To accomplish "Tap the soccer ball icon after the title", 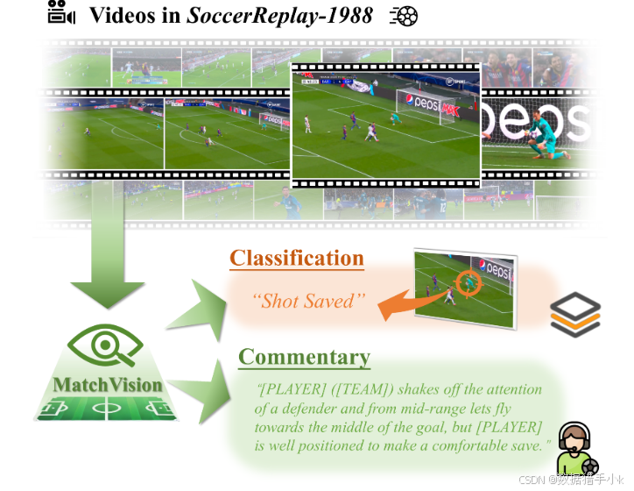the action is (x=404, y=15).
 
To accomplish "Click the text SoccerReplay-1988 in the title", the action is (x=279, y=15).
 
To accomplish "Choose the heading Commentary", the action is (x=304, y=357).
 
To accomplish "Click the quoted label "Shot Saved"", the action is (x=307, y=301).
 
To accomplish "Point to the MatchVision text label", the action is (x=108, y=385).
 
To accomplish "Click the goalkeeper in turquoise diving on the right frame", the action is (x=547, y=141).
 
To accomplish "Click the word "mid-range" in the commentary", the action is (x=423, y=408).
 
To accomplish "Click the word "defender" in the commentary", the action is (x=306, y=408).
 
